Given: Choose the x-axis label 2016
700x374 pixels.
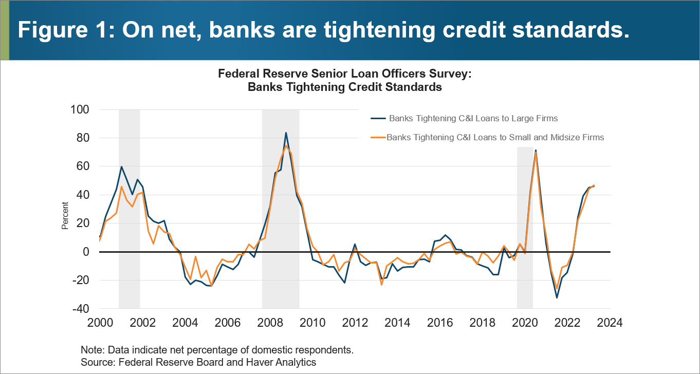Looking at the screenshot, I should (x=440, y=323).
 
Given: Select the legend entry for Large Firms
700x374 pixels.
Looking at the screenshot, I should (x=473, y=118).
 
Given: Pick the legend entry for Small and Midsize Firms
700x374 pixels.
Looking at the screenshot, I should (x=495, y=137).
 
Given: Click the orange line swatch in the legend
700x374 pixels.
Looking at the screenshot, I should (x=378, y=137).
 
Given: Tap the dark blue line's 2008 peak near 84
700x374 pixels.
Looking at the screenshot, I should (x=286, y=133).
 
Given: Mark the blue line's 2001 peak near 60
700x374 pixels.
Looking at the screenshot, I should (x=121, y=166).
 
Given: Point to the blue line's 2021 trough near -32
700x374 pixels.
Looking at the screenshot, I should (x=557, y=297).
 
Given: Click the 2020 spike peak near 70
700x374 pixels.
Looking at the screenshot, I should (x=536, y=151).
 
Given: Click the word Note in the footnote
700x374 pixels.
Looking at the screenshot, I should (x=90, y=350).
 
